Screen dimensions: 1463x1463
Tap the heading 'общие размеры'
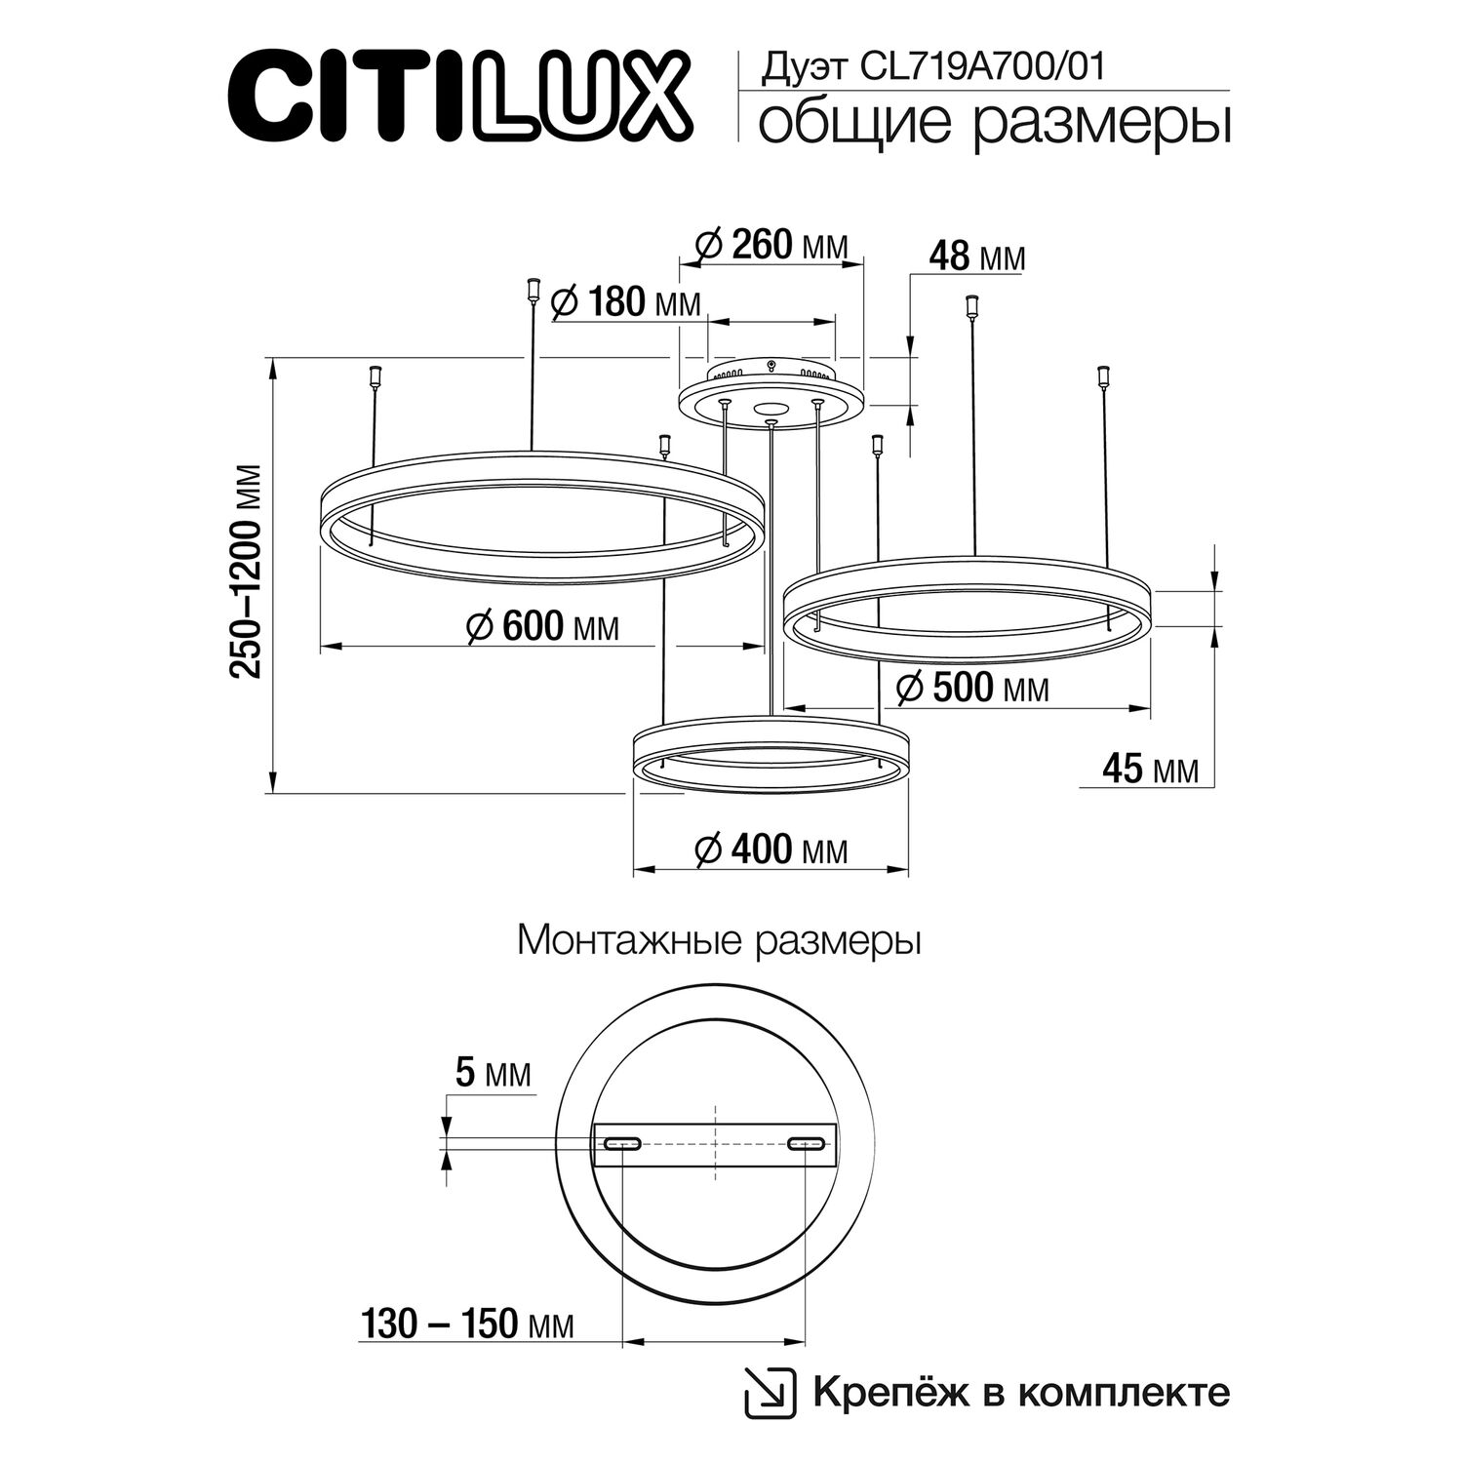pos(993,126)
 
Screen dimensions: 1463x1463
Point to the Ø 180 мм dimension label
pos(625,303)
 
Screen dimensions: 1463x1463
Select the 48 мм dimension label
pos(975,257)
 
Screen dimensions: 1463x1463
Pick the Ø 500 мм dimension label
pos(971,689)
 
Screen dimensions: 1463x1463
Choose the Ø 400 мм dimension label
pos(771,850)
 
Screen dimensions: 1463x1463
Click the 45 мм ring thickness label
pos(1148,771)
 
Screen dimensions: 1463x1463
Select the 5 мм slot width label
pos(494,1075)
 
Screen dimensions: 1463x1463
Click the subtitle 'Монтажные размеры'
pos(720,941)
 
